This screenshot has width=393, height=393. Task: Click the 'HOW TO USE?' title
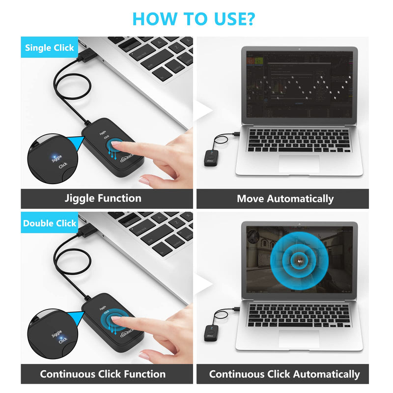pos(194,19)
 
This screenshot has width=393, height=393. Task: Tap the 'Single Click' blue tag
pos(49,48)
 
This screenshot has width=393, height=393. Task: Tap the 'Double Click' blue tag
pos(50,223)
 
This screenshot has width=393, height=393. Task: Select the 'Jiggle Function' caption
pos(103,198)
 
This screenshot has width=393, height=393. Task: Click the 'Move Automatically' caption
pos(285,199)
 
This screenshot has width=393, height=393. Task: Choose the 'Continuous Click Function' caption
pos(103,374)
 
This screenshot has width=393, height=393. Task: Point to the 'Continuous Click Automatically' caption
pos(284,374)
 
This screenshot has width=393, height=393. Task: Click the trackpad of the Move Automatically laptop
pos(299,164)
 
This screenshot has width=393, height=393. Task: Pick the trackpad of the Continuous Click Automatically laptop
pos(299,338)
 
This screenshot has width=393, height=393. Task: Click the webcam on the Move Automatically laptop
pos(299,51)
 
